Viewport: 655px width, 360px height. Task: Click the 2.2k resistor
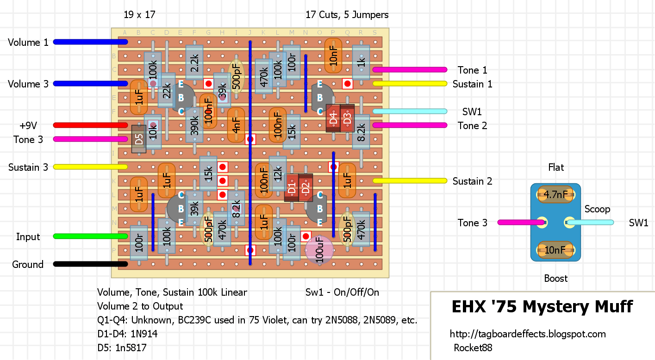[x=194, y=62]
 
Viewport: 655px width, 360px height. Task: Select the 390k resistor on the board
[x=194, y=125]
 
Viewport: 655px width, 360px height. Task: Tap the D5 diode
[x=139, y=139]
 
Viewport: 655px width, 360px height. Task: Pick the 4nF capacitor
[x=236, y=125]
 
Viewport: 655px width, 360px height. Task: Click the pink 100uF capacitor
[x=319, y=250]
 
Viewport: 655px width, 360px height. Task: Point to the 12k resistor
[x=277, y=174]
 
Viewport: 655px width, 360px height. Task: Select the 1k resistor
[x=361, y=62]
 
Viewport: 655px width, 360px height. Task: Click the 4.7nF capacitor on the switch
[x=555, y=195]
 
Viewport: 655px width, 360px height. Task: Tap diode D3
[x=347, y=118]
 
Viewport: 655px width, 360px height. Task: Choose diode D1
[x=292, y=187]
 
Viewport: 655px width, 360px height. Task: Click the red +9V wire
[x=90, y=125]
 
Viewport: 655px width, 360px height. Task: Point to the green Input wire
[x=90, y=236]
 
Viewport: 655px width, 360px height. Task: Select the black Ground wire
[x=90, y=264]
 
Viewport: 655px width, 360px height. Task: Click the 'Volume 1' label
[x=28, y=43]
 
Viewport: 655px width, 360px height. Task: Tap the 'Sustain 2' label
[x=472, y=181]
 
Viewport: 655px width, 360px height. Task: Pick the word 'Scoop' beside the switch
[x=597, y=209]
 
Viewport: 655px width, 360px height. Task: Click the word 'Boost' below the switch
[x=555, y=278]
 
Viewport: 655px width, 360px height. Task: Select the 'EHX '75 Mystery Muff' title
[x=543, y=307]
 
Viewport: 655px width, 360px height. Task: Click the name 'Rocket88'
[x=473, y=348]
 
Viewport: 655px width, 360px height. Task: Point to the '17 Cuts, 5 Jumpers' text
[x=347, y=15]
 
